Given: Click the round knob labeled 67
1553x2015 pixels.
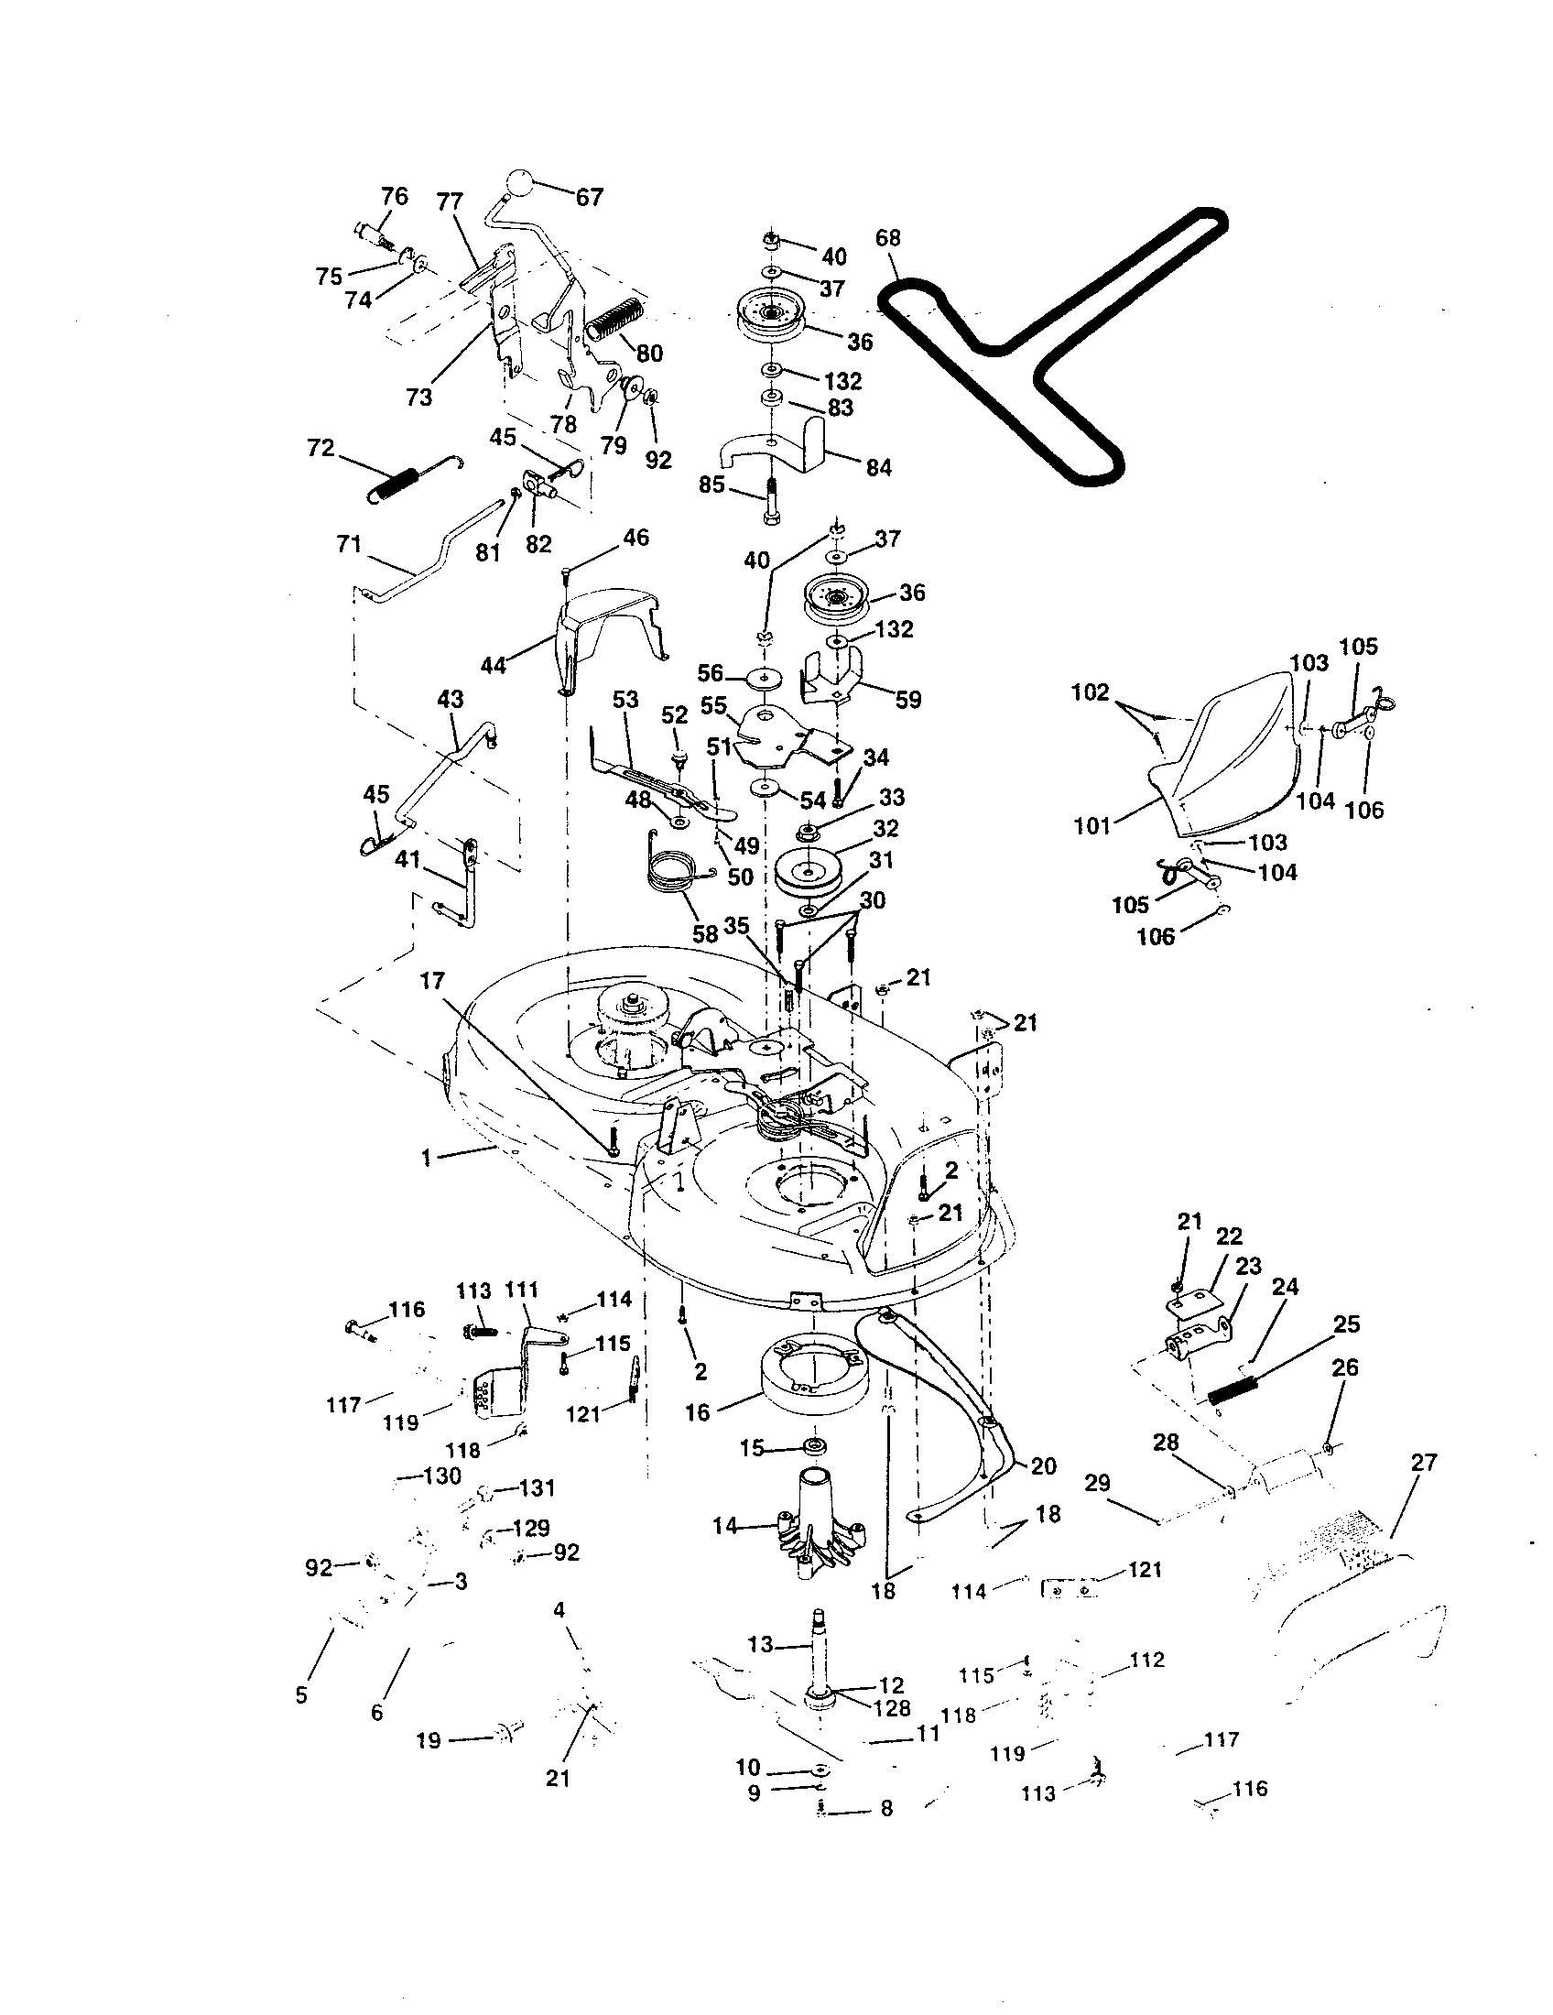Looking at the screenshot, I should [x=519, y=180].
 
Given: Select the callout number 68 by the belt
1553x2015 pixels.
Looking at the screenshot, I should [x=887, y=237].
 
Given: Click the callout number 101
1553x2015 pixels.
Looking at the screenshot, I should [x=1092, y=826].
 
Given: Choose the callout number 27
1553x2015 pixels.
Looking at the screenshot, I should [x=1423, y=1463].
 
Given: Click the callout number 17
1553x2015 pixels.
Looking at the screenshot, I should [x=432, y=981].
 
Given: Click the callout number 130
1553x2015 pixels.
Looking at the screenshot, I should [x=441, y=1476].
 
